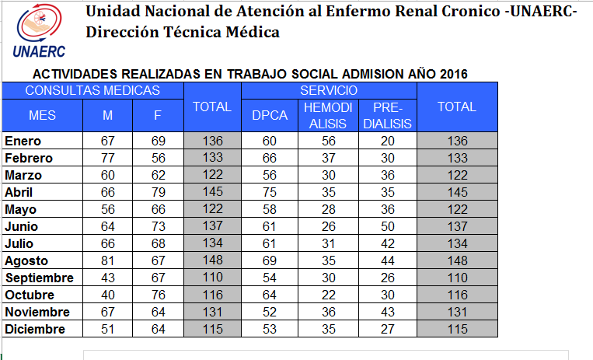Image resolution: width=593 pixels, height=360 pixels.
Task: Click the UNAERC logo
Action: [40, 31]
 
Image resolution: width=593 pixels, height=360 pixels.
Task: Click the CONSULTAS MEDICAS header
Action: [92, 90]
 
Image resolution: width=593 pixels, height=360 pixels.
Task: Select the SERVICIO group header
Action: [329, 90]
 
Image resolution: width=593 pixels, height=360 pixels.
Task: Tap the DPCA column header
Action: [270, 115]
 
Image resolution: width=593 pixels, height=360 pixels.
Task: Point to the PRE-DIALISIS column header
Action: [388, 115]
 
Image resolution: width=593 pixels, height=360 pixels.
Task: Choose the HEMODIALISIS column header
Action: [328, 115]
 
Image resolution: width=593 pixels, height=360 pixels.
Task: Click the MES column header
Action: [42, 115]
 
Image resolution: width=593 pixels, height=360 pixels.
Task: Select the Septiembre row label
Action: [40, 278]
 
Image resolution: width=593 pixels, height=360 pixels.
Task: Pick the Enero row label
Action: [23, 141]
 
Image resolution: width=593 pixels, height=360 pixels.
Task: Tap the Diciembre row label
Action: [35, 329]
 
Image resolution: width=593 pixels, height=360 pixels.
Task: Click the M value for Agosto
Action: [108, 260]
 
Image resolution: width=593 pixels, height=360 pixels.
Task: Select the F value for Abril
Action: [159, 192]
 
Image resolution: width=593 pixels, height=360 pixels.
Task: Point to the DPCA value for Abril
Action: [270, 192]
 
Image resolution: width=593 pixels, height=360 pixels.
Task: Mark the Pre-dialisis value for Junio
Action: [388, 226]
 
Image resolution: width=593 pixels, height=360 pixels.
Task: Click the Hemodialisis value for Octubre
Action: [329, 295]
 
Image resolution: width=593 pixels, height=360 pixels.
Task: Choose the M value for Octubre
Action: [108, 295]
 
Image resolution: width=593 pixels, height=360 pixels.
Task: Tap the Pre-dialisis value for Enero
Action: [388, 141]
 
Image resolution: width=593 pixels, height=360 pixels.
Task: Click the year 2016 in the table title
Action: [453, 74]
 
